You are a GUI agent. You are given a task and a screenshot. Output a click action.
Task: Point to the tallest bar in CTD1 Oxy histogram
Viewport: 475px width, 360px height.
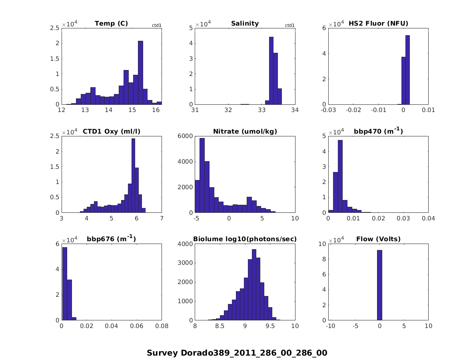click(x=133, y=176)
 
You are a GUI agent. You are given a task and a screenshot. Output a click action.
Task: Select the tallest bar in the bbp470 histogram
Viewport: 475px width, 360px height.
click(x=340, y=176)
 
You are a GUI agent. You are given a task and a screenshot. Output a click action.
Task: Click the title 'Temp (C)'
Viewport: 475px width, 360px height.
click(x=111, y=24)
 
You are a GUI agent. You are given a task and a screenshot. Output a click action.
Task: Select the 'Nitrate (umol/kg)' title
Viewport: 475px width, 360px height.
click(x=245, y=131)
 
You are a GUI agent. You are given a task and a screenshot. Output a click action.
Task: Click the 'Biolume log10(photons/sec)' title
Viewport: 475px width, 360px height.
click(x=245, y=239)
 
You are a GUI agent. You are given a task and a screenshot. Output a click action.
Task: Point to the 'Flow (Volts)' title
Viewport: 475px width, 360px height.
click(x=378, y=239)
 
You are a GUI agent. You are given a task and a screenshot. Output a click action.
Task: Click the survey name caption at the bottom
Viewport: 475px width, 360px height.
click(x=237, y=353)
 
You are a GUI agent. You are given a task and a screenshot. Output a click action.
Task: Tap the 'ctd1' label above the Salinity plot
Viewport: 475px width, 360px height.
click(x=289, y=26)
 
